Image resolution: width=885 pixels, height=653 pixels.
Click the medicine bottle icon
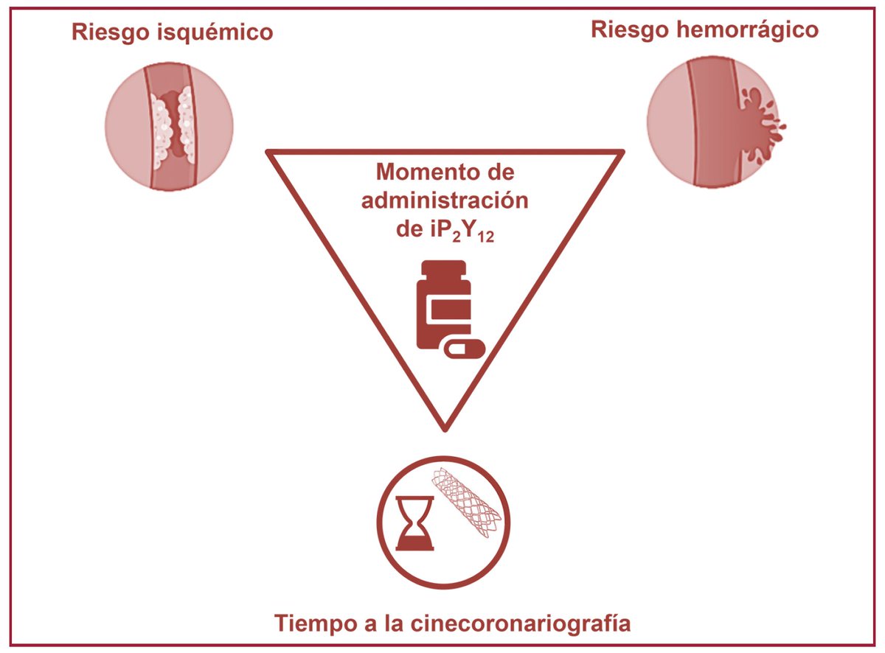pos(442,305)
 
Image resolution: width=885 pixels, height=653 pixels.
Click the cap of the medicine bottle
pos(442,269)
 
